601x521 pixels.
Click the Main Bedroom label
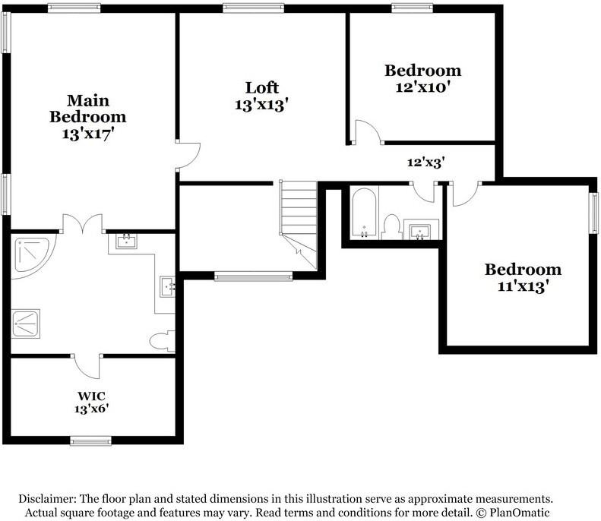[x=87, y=109]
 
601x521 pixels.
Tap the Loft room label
[x=261, y=87]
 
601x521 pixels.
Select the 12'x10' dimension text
[x=422, y=87]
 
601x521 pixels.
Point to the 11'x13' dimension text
[x=523, y=286]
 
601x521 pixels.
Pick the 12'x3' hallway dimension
[x=425, y=162]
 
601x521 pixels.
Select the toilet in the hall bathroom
[x=392, y=226]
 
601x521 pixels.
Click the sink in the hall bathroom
[x=421, y=229]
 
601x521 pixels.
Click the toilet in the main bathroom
[x=162, y=341]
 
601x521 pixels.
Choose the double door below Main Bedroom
[x=82, y=225]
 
